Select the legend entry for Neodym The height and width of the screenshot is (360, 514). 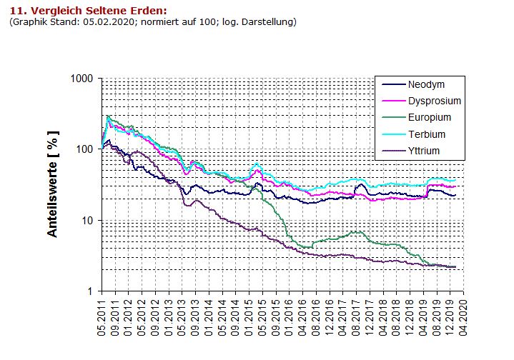click(x=427, y=84)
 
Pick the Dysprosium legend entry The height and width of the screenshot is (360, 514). click(x=434, y=101)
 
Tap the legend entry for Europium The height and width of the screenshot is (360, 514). click(x=430, y=117)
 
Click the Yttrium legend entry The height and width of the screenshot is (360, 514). click(x=424, y=150)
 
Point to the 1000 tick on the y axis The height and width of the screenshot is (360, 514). click(x=84, y=78)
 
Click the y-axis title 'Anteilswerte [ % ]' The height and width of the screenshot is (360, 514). click(x=53, y=184)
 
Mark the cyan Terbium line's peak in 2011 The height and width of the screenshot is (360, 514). click(x=108, y=116)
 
